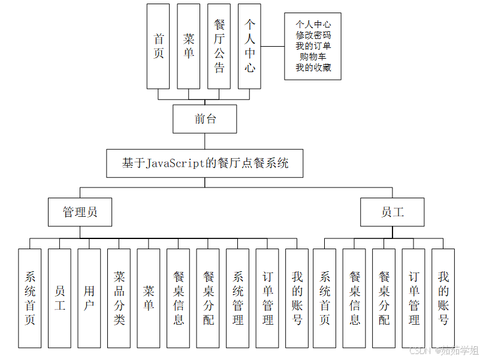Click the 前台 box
click(x=205, y=119)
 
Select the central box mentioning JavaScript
click(x=205, y=163)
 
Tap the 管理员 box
click(x=80, y=212)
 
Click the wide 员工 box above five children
click(x=393, y=212)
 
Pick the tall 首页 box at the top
click(x=159, y=46)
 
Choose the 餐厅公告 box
click(x=219, y=46)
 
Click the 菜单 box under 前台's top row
click(x=189, y=46)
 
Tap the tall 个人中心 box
click(x=250, y=46)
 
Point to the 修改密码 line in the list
click(x=313, y=35)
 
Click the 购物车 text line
click(x=313, y=57)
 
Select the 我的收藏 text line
click(x=313, y=68)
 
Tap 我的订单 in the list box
click(x=313, y=46)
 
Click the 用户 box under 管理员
click(x=89, y=298)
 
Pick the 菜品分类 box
click(x=119, y=298)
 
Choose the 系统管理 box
click(x=238, y=298)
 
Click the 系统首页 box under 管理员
click(x=30, y=298)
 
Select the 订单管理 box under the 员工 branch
click(x=413, y=298)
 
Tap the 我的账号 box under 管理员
click(x=297, y=298)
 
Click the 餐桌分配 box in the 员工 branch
click(x=384, y=298)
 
